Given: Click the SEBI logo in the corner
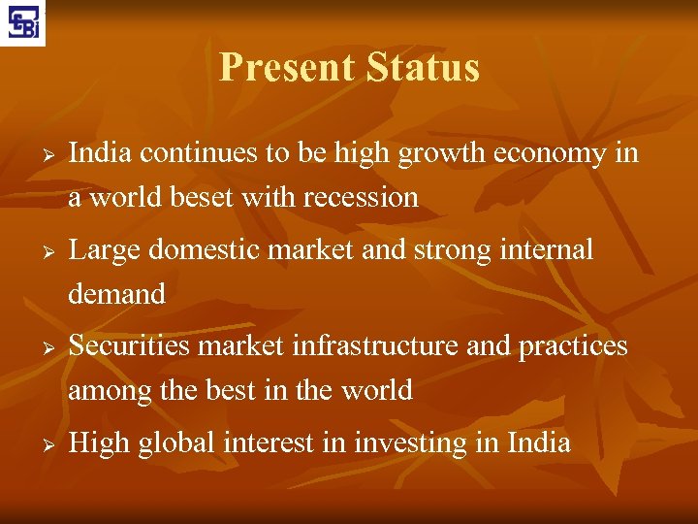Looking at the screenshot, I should (23, 22).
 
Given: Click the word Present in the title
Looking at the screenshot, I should (281, 68).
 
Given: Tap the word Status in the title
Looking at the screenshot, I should (424, 68).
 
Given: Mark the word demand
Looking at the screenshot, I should (116, 294).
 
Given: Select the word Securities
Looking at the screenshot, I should (131, 345).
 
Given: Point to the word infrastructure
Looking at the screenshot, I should (374, 345).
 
